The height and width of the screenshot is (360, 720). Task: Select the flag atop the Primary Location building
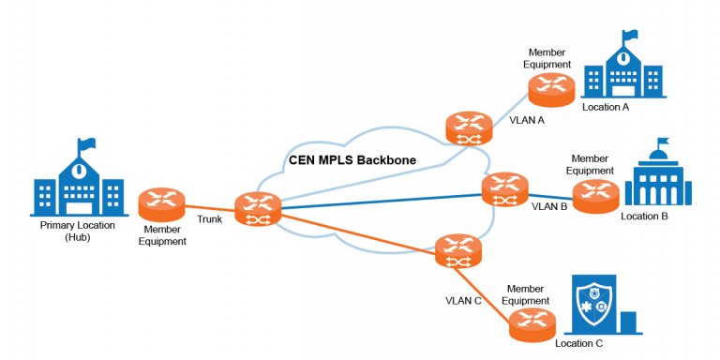(x=87, y=145)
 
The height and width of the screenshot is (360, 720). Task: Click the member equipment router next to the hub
(x=161, y=205)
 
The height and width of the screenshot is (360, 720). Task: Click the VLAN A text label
(x=526, y=121)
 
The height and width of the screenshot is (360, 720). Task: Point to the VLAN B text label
(x=549, y=206)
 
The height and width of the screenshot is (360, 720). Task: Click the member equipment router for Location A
(x=550, y=89)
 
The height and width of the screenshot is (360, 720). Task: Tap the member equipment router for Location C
(x=532, y=323)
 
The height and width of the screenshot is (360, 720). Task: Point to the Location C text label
(x=579, y=344)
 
